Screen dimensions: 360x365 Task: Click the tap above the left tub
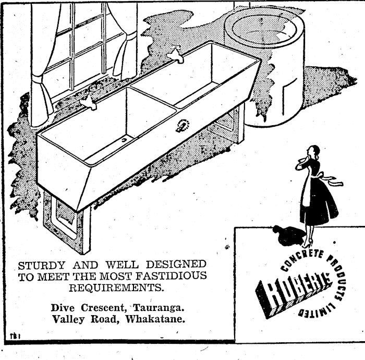click(89, 103)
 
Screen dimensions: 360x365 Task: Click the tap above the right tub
click(176, 54)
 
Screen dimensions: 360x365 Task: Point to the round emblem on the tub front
click(182, 126)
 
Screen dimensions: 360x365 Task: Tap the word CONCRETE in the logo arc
click(299, 258)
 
